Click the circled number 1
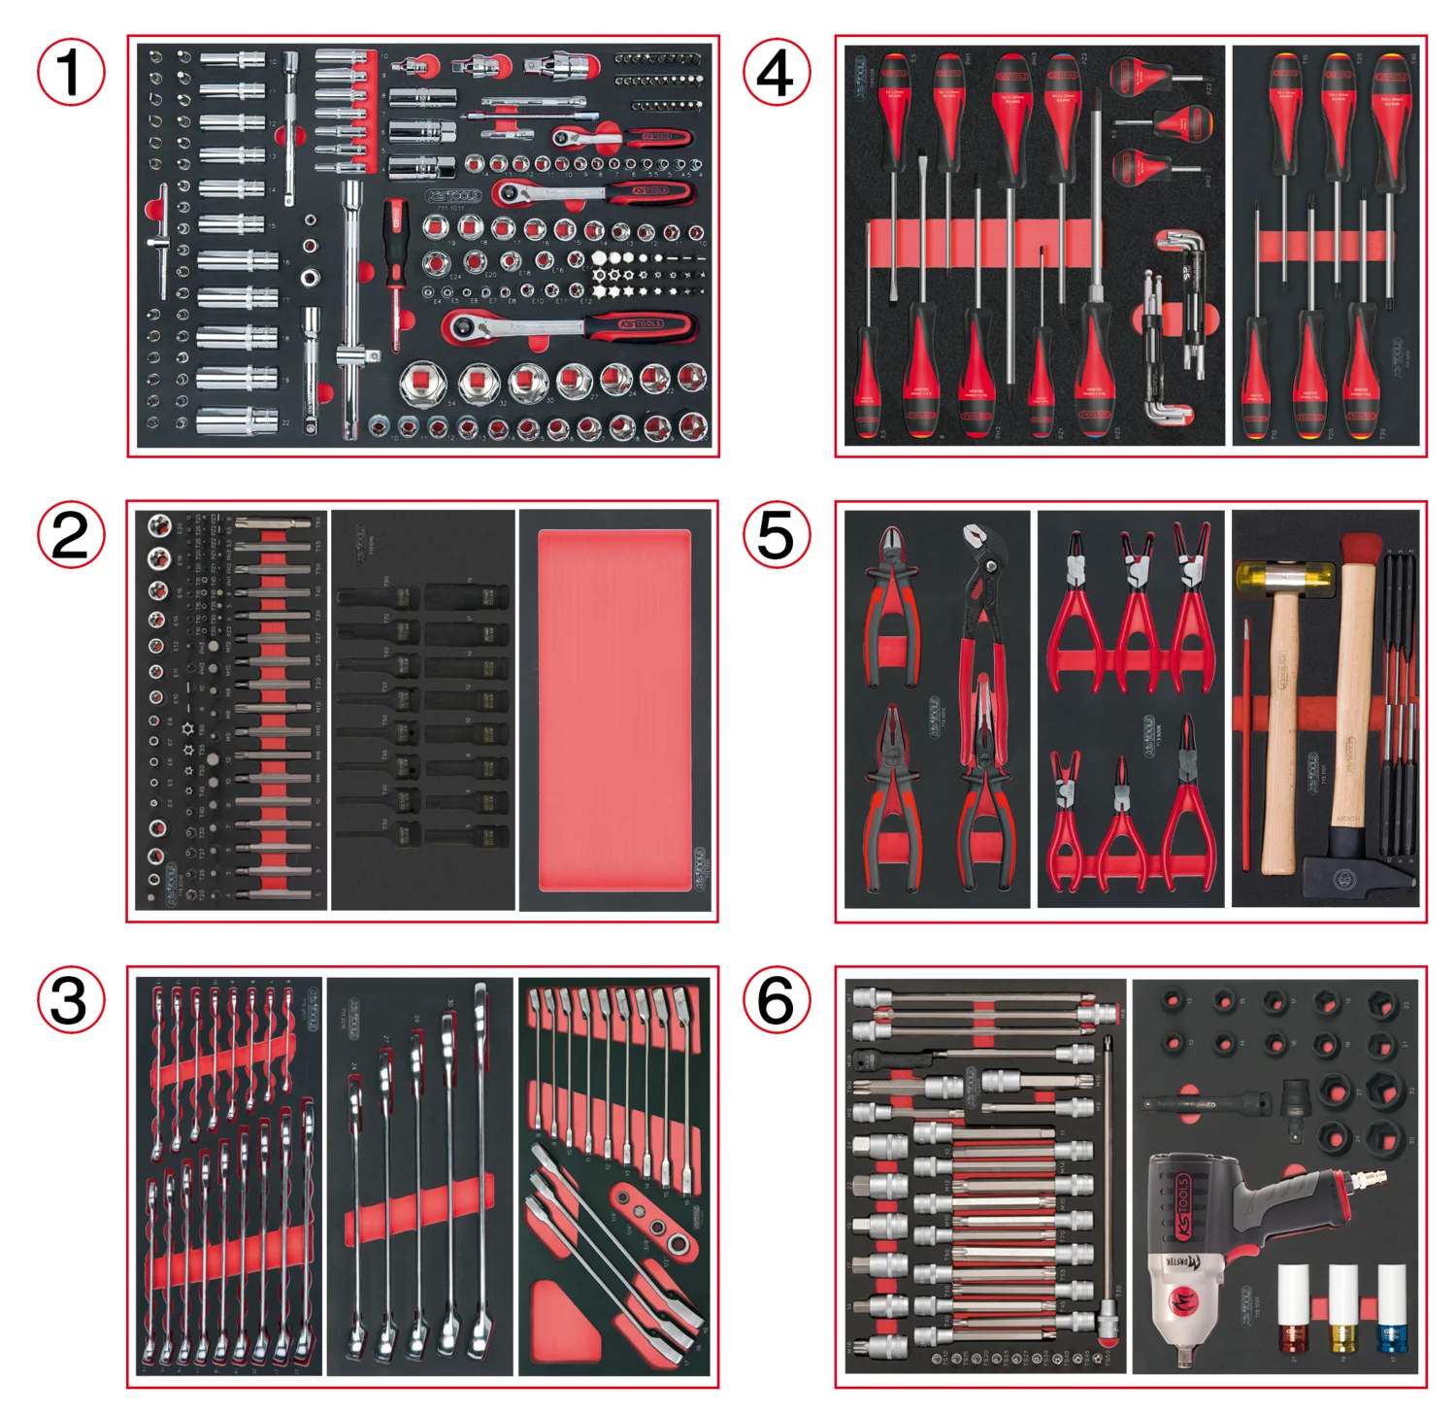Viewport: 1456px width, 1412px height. click(71, 72)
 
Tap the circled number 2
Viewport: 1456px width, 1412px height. click(71, 535)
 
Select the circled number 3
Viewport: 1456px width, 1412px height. click(71, 1000)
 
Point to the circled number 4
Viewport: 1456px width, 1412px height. click(776, 72)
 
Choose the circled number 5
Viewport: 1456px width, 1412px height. click(776, 535)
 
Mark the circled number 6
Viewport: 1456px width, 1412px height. click(776, 1000)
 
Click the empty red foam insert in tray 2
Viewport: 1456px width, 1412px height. click(613, 709)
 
